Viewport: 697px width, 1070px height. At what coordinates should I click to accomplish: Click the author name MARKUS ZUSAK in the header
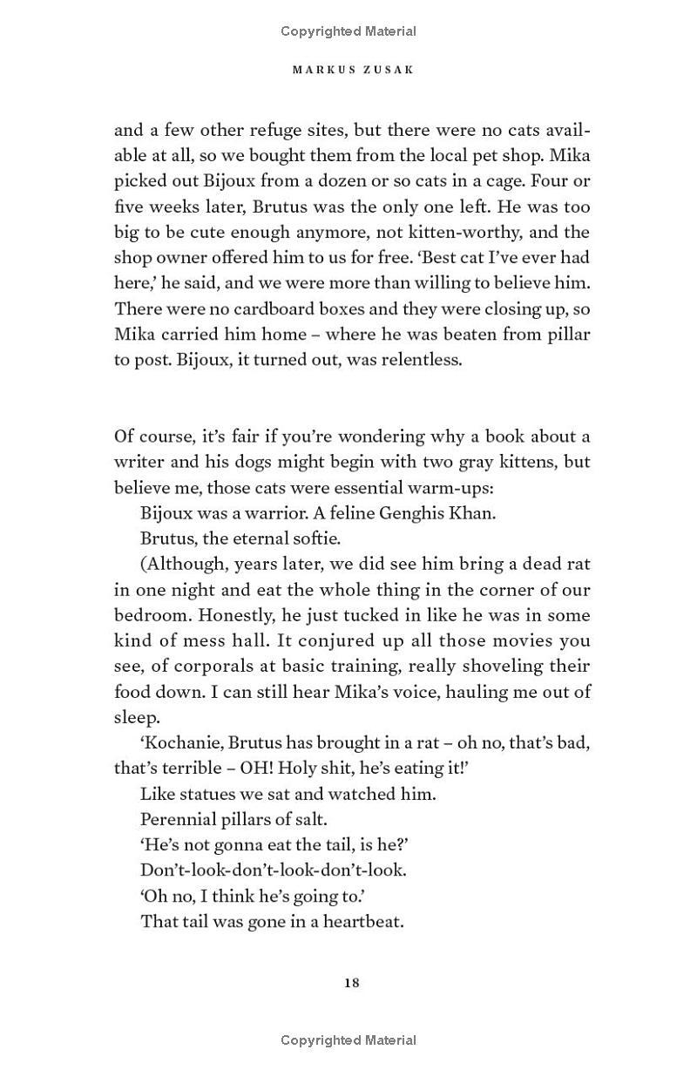tap(352, 70)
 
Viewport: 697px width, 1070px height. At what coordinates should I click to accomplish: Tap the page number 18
tap(352, 983)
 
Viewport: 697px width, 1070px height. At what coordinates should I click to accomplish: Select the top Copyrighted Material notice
tap(348, 31)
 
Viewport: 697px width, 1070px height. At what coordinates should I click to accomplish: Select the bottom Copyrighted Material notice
tap(348, 1040)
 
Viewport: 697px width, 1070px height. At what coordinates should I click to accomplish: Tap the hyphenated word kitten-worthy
tap(484, 233)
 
